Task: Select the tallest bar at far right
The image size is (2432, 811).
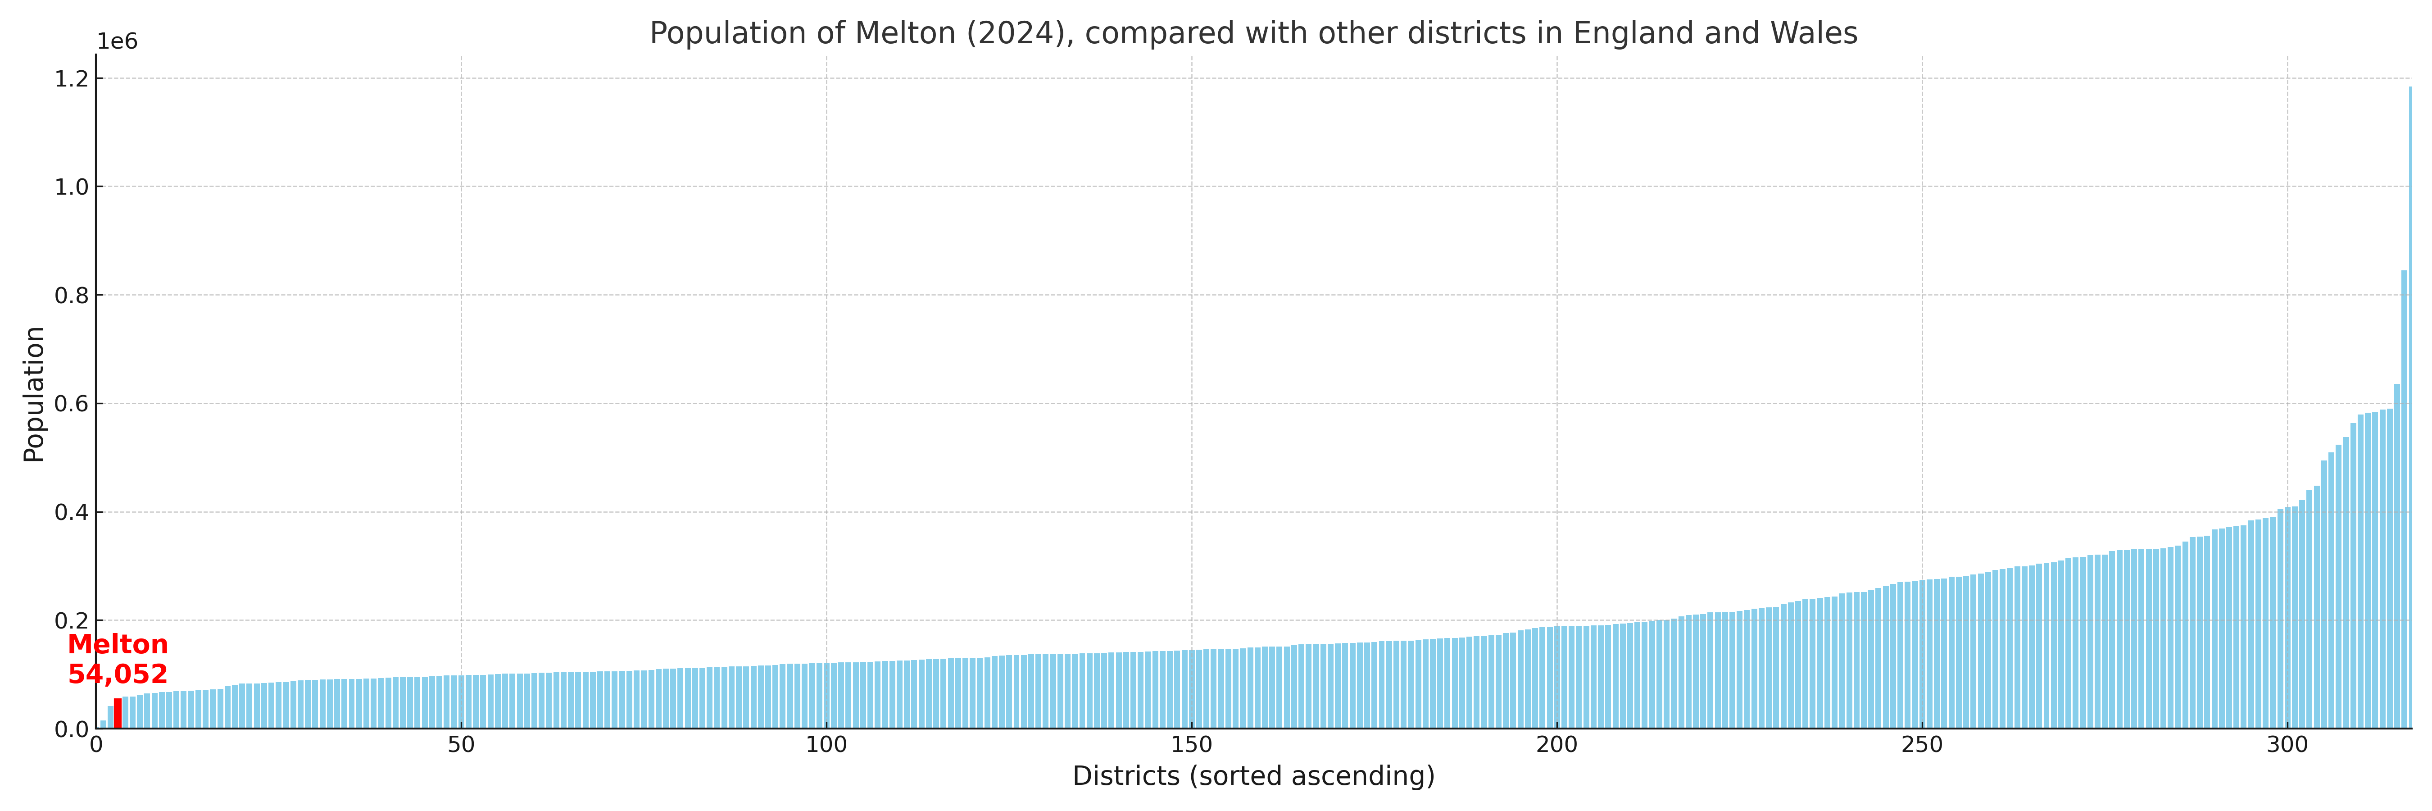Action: [x=2409, y=406]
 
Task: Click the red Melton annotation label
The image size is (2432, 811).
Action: [x=118, y=645]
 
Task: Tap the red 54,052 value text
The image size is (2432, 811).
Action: [x=118, y=674]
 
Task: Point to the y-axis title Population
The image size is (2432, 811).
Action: [x=34, y=394]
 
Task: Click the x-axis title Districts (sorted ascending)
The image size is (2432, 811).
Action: [x=1253, y=776]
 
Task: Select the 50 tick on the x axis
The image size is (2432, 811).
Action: [x=461, y=745]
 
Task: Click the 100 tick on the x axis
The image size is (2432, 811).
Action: [x=826, y=745]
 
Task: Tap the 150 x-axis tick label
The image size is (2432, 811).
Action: [x=1191, y=745]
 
